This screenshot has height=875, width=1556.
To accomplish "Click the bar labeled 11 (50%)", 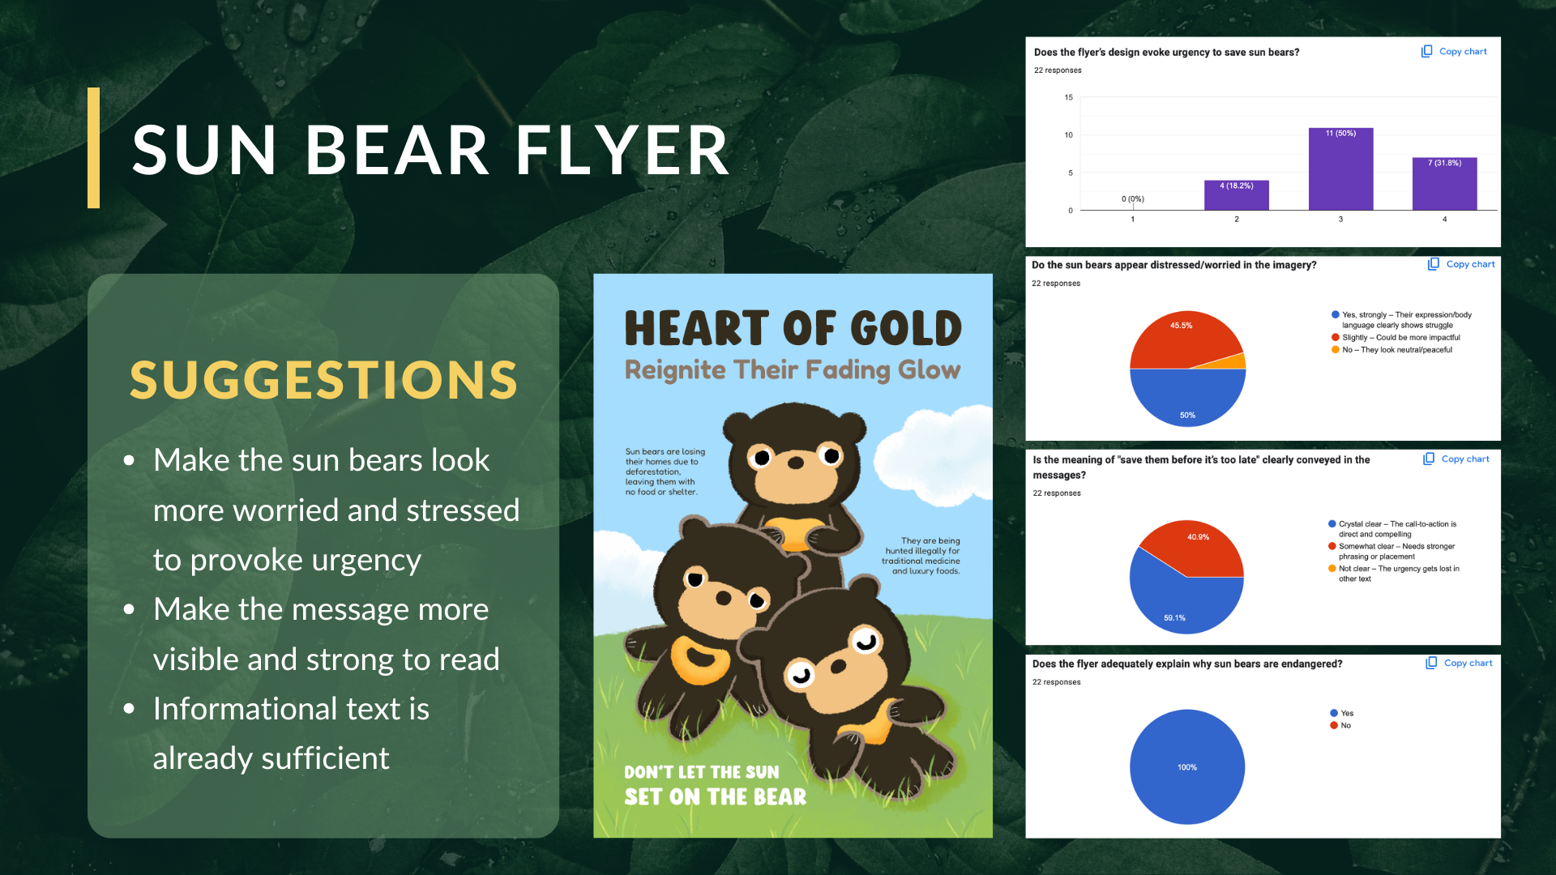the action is (x=1340, y=169).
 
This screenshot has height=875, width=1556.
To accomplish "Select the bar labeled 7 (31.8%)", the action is (x=1444, y=184).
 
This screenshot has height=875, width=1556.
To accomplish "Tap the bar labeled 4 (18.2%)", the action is (x=1237, y=195).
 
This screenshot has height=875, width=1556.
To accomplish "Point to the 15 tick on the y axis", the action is (x=1069, y=97).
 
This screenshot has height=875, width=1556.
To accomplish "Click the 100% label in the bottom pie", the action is (x=1187, y=767).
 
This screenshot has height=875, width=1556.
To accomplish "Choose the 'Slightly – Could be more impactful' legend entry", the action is (x=1396, y=338).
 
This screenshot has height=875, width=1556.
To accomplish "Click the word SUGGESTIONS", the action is (x=323, y=380).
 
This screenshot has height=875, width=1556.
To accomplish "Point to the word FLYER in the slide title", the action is (x=622, y=150).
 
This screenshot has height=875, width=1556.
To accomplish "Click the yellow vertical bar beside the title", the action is (x=94, y=147).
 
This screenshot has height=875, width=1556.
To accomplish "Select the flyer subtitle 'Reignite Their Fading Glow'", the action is (x=793, y=370).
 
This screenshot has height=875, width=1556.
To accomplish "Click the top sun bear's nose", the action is (x=796, y=463).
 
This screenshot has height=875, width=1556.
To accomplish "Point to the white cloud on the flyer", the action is (x=932, y=446).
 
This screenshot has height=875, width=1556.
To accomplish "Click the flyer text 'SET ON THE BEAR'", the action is (x=716, y=797).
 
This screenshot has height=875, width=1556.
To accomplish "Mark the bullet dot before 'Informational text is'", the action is (x=129, y=709).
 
